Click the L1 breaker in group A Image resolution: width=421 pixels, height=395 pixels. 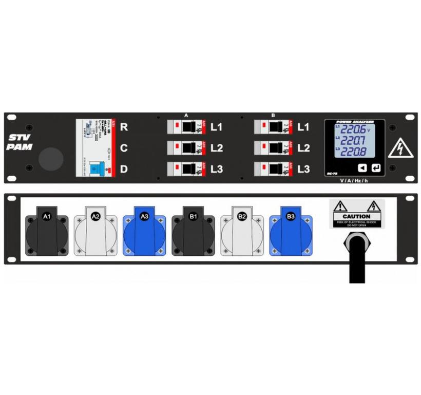[x=187, y=126]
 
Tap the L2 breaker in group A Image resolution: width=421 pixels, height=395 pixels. [x=187, y=148]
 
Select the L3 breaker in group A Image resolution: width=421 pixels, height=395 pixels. [x=187, y=168]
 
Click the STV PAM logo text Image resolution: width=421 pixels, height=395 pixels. [x=20, y=142]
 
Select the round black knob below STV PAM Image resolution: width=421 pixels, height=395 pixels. [x=49, y=159]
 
